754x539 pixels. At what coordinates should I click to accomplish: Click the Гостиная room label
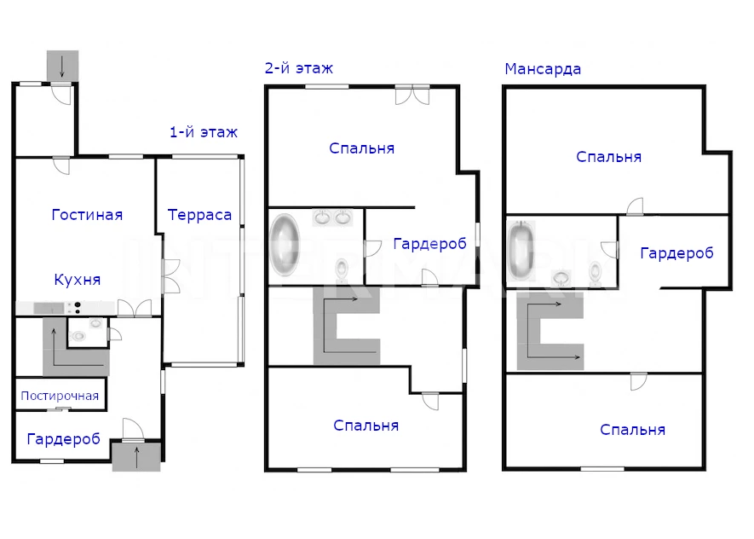pyautogui.click(x=87, y=215)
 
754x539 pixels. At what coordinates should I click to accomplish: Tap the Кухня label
pyautogui.click(x=78, y=280)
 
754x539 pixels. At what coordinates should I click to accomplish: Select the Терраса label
pyautogui.click(x=199, y=215)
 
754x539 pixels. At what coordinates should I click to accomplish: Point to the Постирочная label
pyautogui.click(x=60, y=396)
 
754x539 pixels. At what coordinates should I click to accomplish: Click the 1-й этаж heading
pyautogui.click(x=204, y=132)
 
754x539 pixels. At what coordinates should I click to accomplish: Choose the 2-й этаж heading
pyautogui.click(x=299, y=68)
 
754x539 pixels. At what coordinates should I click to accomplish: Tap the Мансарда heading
pyautogui.click(x=543, y=69)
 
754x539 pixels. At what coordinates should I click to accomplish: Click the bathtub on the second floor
pyautogui.click(x=285, y=246)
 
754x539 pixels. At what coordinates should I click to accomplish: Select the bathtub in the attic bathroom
pyautogui.click(x=521, y=250)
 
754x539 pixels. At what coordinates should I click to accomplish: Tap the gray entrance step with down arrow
pyautogui.click(x=62, y=66)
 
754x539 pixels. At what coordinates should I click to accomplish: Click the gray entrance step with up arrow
pyautogui.click(x=136, y=456)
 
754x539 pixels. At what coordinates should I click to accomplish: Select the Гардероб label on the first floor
pyautogui.click(x=64, y=439)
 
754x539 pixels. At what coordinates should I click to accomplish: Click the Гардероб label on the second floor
pyautogui.click(x=430, y=244)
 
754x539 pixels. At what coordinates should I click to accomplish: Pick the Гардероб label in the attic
pyautogui.click(x=676, y=253)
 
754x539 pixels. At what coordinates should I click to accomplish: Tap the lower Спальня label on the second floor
pyautogui.click(x=366, y=426)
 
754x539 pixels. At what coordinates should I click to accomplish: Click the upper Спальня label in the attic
pyautogui.click(x=609, y=157)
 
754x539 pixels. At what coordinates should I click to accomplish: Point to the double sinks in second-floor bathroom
pyautogui.click(x=332, y=217)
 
